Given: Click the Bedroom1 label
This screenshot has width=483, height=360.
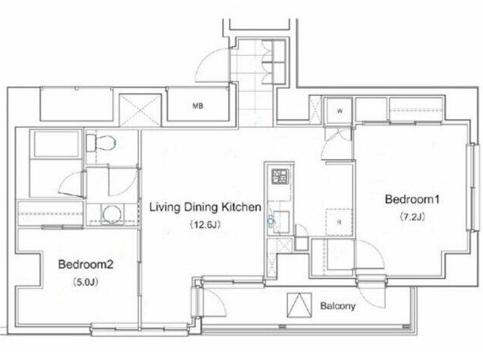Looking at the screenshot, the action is (x=412, y=199).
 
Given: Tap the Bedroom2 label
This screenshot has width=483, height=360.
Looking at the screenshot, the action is (x=86, y=264).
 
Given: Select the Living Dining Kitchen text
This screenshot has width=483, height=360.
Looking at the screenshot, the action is (x=205, y=207).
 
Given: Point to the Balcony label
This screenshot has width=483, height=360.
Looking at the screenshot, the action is (x=338, y=306).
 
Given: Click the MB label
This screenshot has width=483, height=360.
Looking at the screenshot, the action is (x=197, y=106).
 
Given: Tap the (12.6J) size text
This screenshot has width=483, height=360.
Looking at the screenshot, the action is (x=205, y=224).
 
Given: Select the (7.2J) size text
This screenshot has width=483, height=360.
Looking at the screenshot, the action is (x=413, y=217).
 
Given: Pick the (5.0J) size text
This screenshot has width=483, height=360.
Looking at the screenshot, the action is (x=86, y=282).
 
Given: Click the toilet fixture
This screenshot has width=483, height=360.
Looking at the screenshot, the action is (x=101, y=143).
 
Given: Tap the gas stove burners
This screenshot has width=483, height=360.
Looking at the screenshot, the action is (x=279, y=177).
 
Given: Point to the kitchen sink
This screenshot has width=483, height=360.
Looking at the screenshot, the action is (x=281, y=221).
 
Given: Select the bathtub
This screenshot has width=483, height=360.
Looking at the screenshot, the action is (x=56, y=144).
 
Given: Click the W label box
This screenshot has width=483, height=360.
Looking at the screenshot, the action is (x=339, y=111).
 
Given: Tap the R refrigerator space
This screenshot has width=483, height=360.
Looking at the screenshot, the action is (x=339, y=223).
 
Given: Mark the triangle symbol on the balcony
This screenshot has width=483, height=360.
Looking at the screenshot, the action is (x=299, y=305).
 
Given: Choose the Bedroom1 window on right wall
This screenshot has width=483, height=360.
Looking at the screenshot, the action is (x=472, y=187).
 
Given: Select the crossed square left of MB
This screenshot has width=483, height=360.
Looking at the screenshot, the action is (x=140, y=110).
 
